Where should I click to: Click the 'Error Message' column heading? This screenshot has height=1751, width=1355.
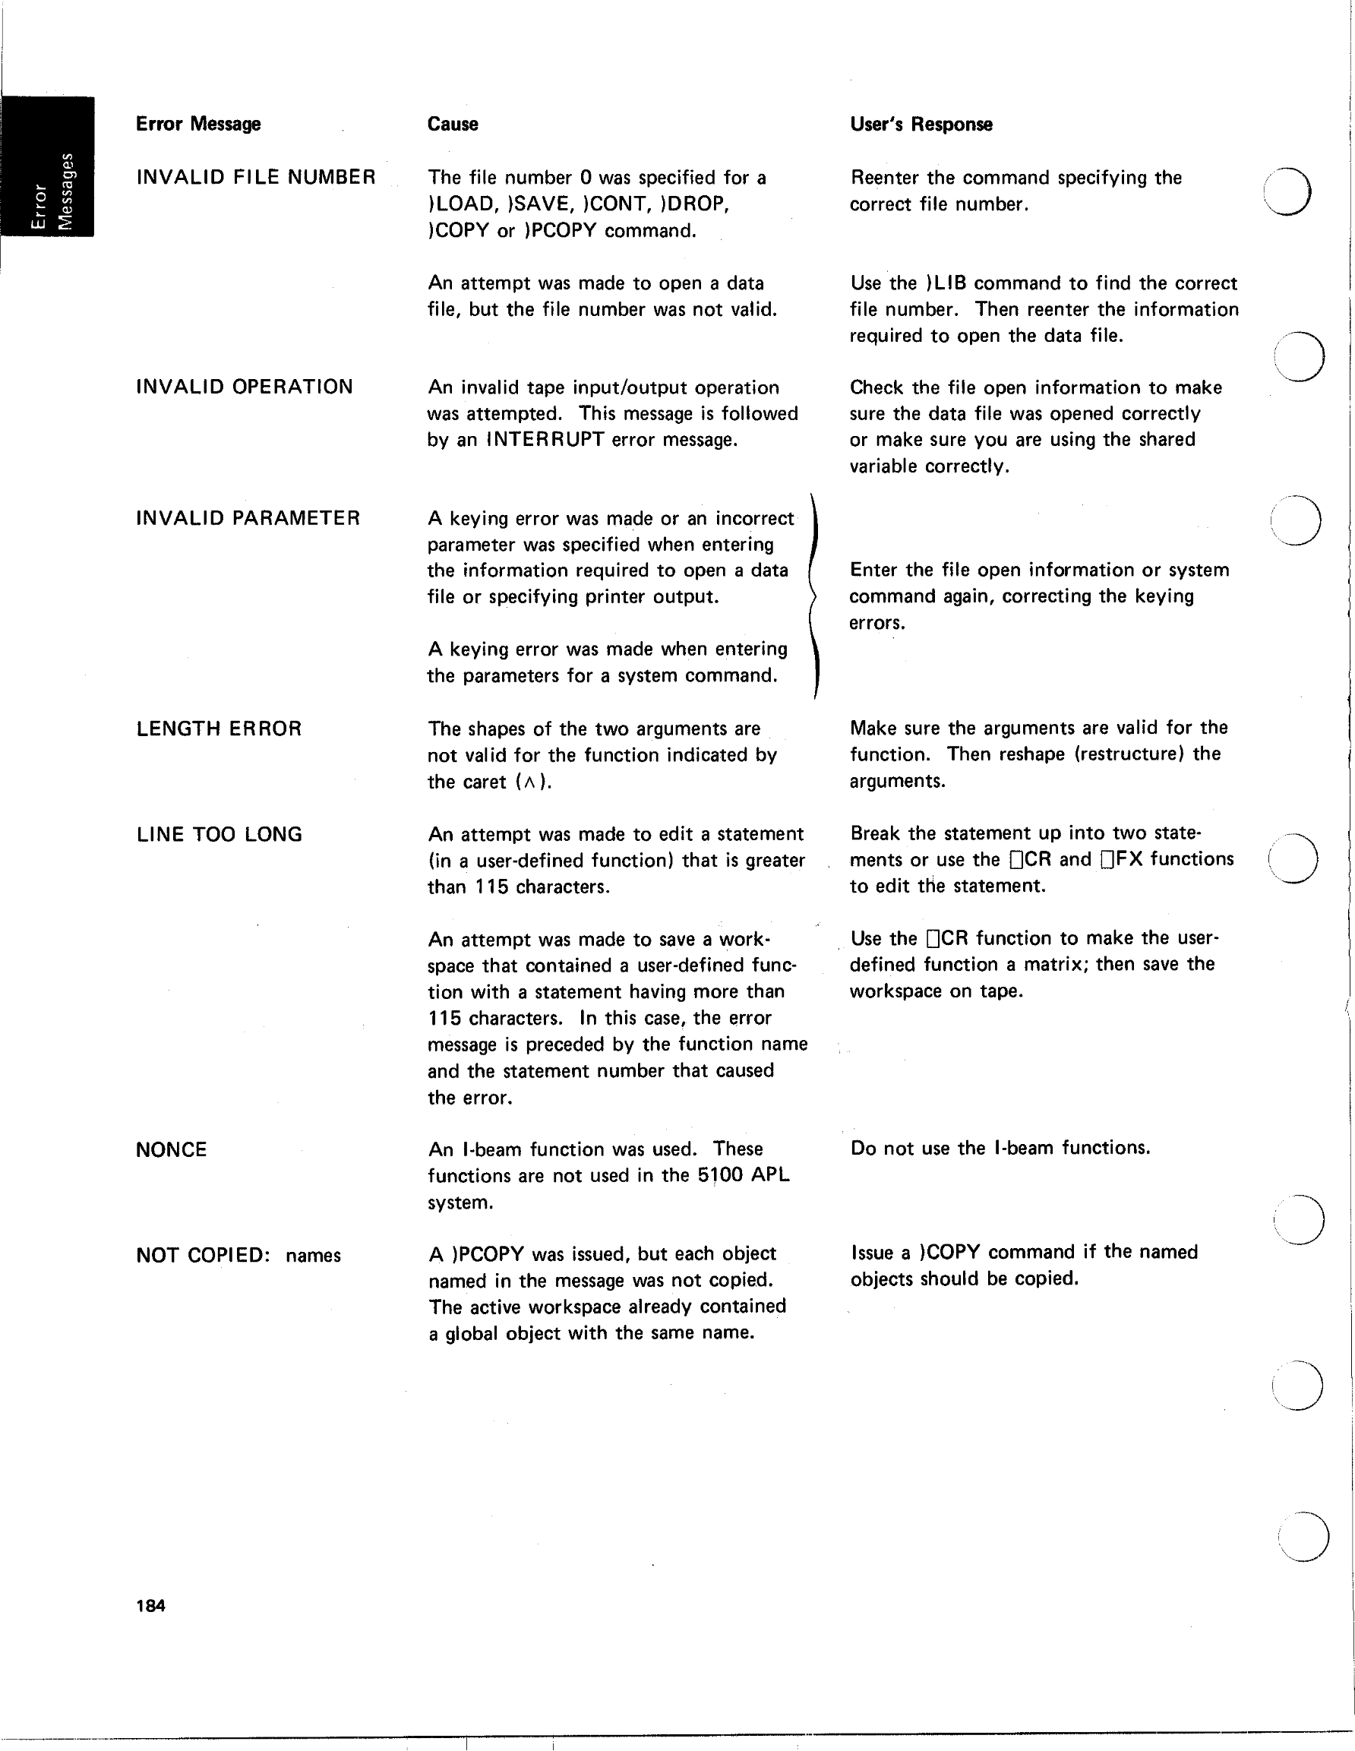point(198,125)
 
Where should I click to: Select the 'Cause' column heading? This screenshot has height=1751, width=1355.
point(452,125)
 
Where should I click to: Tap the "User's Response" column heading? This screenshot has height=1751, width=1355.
point(921,125)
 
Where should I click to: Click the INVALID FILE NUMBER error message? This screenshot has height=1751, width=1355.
point(256,177)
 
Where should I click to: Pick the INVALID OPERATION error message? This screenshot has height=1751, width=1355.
point(245,387)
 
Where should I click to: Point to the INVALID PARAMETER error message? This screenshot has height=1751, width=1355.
point(248,519)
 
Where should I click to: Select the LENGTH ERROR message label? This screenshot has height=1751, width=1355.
point(219,729)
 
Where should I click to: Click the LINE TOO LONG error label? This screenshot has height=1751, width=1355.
point(219,835)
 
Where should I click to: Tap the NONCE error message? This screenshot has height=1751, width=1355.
point(172,1149)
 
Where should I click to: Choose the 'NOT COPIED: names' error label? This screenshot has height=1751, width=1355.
point(238,1256)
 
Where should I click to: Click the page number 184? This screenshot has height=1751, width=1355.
point(150,1606)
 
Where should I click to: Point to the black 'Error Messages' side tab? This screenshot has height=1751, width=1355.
point(48,166)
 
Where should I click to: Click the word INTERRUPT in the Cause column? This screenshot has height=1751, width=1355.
point(545,440)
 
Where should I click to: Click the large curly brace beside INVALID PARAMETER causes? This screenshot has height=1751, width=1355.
point(813,596)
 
